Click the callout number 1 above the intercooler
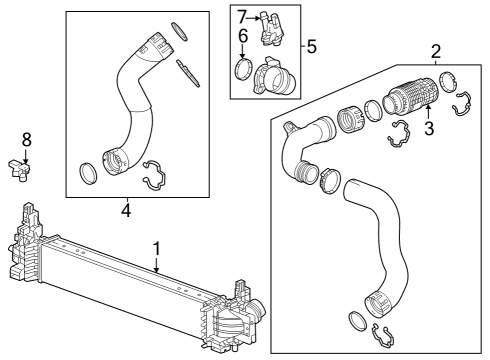[x=156, y=246]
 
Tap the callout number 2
[x=435, y=51]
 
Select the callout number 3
[x=429, y=128]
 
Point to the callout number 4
[x=126, y=210]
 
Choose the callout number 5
[x=312, y=46]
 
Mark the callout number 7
[x=241, y=15]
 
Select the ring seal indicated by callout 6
[x=241, y=70]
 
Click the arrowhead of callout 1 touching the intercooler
[x=157, y=272]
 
